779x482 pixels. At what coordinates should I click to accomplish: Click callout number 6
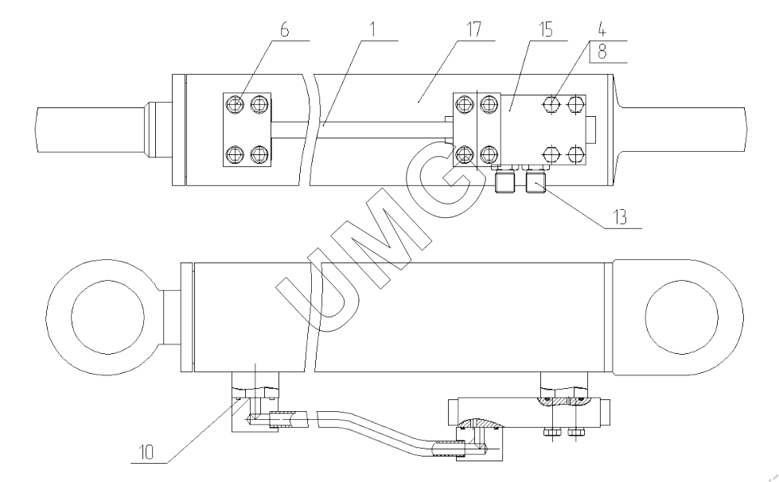(x=284, y=29)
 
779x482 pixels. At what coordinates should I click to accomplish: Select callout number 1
(x=372, y=29)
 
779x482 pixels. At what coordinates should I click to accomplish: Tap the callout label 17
(x=473, y=29)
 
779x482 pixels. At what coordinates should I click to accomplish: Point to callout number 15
(x=545, y=29)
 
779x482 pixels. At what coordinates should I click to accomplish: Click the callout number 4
(x=602, y=29)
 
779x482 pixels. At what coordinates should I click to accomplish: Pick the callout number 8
(x=602, y=52)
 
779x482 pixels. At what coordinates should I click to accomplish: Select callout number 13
(x=620, y=217)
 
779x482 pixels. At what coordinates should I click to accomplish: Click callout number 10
(x=146, y=452)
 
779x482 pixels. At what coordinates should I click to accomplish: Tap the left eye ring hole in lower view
(x=107, y=317)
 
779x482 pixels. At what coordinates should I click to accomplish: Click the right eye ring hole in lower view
(x=682, y=317)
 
